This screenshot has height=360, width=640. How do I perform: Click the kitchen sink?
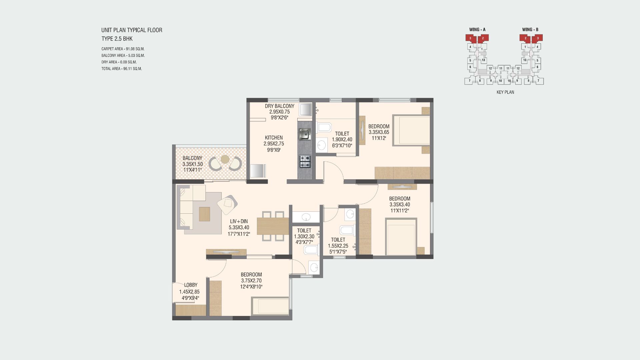pos(304,134)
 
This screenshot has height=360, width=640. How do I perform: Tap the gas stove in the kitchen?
pos(305,162)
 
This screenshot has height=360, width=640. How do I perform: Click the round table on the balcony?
pos(225,159)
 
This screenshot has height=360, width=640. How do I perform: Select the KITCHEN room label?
pos(274,138)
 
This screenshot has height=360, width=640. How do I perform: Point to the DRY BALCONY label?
pos(280,106)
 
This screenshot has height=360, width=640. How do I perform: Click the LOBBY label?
pos(191,285)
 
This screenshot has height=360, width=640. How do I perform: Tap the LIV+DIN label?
pos(239,221)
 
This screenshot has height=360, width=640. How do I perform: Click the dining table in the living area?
pos(273,226)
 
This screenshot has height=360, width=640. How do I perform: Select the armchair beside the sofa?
pos(227,205)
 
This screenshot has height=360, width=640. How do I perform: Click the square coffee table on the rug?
pos(205,214)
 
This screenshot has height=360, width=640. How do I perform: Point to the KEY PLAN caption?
pos(505,92)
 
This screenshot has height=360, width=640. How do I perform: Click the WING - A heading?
pos(477,30)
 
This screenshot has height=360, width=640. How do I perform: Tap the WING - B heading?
pos(530,30)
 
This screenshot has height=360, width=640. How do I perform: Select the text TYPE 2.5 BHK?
pos(117,39)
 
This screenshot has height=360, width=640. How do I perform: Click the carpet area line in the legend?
pos(123,49)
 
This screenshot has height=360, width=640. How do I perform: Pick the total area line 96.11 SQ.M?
pos(122,69)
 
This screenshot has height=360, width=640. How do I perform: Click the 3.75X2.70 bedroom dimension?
pos(251,281)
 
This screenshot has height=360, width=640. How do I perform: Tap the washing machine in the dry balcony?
pos(305,109)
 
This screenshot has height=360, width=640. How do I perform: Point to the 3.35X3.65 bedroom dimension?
pos(379,132)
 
